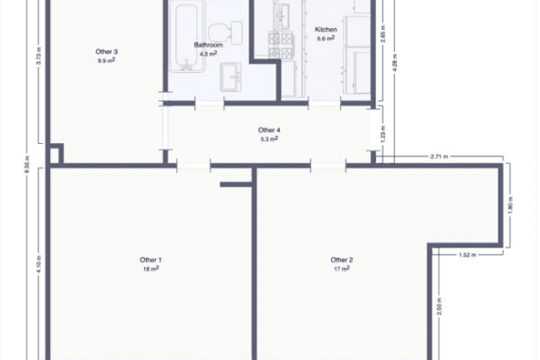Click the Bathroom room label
[208, 44]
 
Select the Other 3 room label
[107, 51]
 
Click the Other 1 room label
[150, 260]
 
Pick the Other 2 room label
[341, 260]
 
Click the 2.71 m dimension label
[440, 157]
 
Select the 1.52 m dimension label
[466, 255]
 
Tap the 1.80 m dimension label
[509, 205]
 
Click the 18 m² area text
[150, 269]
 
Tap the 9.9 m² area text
[107, 60]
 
